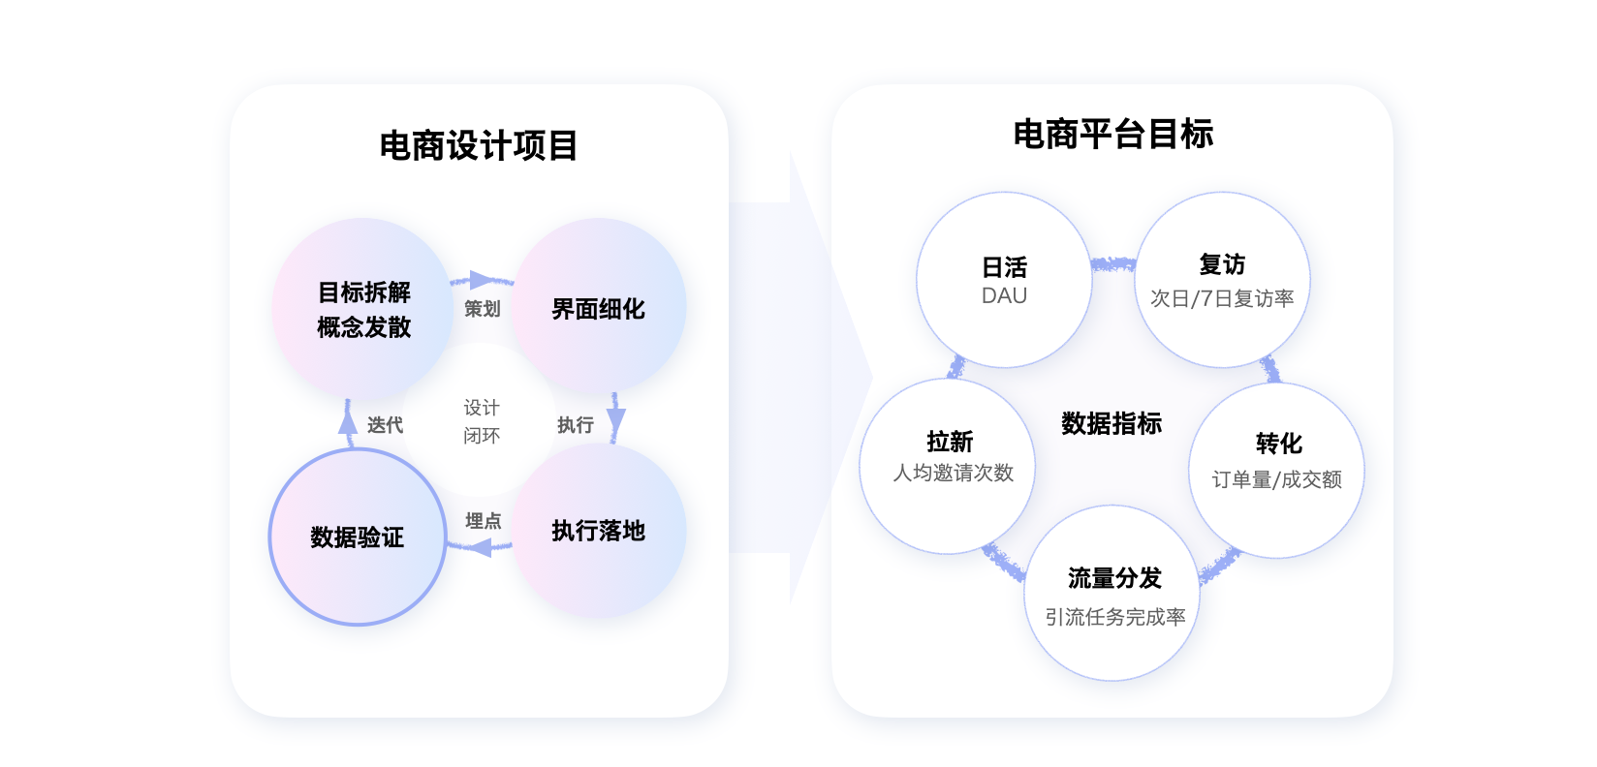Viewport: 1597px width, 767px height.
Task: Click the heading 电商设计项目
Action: click(x=479, y=146)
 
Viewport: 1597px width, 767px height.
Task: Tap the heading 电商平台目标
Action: click(x=1113, y=135)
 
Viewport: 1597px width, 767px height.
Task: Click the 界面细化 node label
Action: click(x=598, y=310)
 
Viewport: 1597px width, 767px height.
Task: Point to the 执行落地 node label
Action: click(x=598, y=531)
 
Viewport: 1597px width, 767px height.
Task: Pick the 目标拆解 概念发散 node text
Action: click(x=364, y=310)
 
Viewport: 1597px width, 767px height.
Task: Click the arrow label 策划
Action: click(x=482, y=309)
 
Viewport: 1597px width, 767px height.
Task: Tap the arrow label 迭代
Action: click(x=385, y=425)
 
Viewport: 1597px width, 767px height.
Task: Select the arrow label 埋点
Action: click(x=483, y=521)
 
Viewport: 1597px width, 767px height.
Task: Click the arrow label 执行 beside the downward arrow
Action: click(x=576, y=425)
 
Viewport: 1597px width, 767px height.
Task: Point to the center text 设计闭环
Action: click(x=482, y=421)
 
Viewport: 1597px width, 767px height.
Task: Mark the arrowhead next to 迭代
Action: click(x=348, y=422)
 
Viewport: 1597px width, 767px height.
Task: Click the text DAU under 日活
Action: click(x=1004, y=296)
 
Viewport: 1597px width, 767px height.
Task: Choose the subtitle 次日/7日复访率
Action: click(x=1222, y=299)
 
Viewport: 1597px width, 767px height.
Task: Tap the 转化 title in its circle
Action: click(x=1278, y=444)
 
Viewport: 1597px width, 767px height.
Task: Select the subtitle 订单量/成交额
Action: click(x=1276, y=480)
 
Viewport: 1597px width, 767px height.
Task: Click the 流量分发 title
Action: click(x=1114, y=579)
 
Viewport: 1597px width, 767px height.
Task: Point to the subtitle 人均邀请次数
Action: click(x=953, y=474)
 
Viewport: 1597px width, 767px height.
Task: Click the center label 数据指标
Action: click(x=1112, y=424)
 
